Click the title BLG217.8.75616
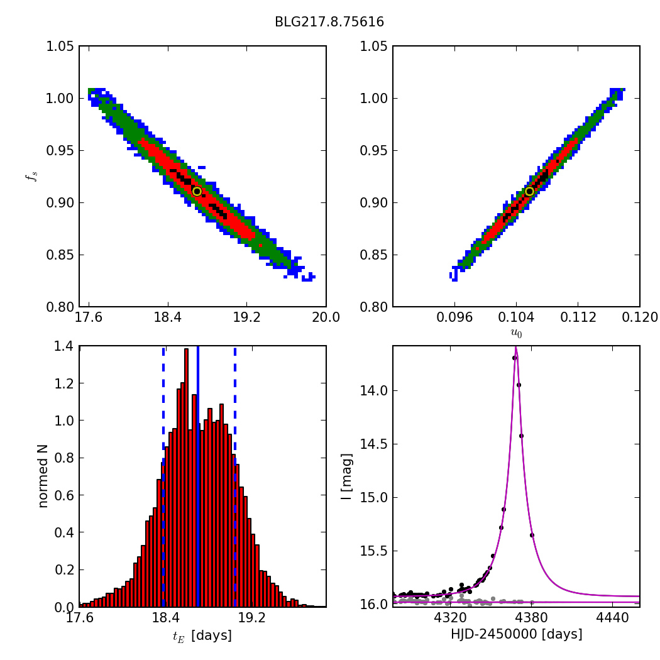[329, 23]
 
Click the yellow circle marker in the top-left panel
[197, 191]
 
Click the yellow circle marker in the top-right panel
[529, 191]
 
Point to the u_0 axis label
[516, 333]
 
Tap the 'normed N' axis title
[43, 476]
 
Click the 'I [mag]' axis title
[346, 476]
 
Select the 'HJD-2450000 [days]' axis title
[516, 635]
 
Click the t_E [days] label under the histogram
[202, 636]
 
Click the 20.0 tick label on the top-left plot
[326, 317]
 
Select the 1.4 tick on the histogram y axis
[63, 346]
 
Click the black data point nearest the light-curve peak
[514, 358]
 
